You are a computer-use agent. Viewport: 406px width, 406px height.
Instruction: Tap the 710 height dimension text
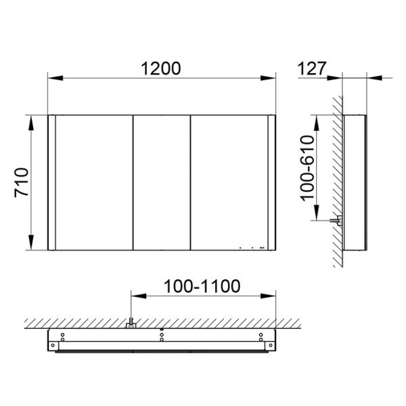coord(22,183)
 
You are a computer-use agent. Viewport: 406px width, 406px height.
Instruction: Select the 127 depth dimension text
coord(312,68)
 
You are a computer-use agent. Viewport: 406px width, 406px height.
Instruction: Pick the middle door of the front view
coord(162,183)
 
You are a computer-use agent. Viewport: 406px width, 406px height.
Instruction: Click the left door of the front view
coord(93,183)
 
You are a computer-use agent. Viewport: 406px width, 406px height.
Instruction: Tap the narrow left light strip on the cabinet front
coord(51,183)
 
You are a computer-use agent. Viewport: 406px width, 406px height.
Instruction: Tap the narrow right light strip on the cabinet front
coord(273,183)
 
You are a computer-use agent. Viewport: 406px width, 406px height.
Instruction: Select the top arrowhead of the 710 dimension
coord(32,119)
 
